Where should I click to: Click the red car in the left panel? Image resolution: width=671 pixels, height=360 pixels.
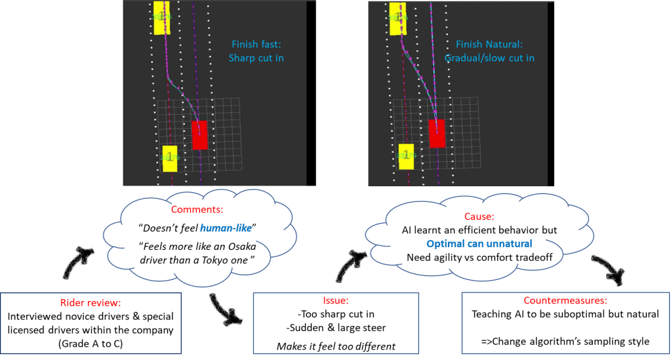point(199,135)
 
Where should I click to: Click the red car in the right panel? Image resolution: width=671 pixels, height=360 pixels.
point(437,133)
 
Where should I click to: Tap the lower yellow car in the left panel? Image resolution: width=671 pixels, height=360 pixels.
point(170,158)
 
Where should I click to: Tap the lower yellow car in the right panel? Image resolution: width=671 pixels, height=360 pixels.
point(406,155)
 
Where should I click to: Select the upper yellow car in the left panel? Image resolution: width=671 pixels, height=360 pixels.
point(161,17)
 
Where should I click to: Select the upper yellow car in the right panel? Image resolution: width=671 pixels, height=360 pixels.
point(397,16)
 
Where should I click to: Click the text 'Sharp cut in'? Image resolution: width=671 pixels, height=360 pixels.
point(256,58)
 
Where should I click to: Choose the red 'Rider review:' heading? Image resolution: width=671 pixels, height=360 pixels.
point(85,303)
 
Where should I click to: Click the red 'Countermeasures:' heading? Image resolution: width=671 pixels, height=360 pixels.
point(566,300)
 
